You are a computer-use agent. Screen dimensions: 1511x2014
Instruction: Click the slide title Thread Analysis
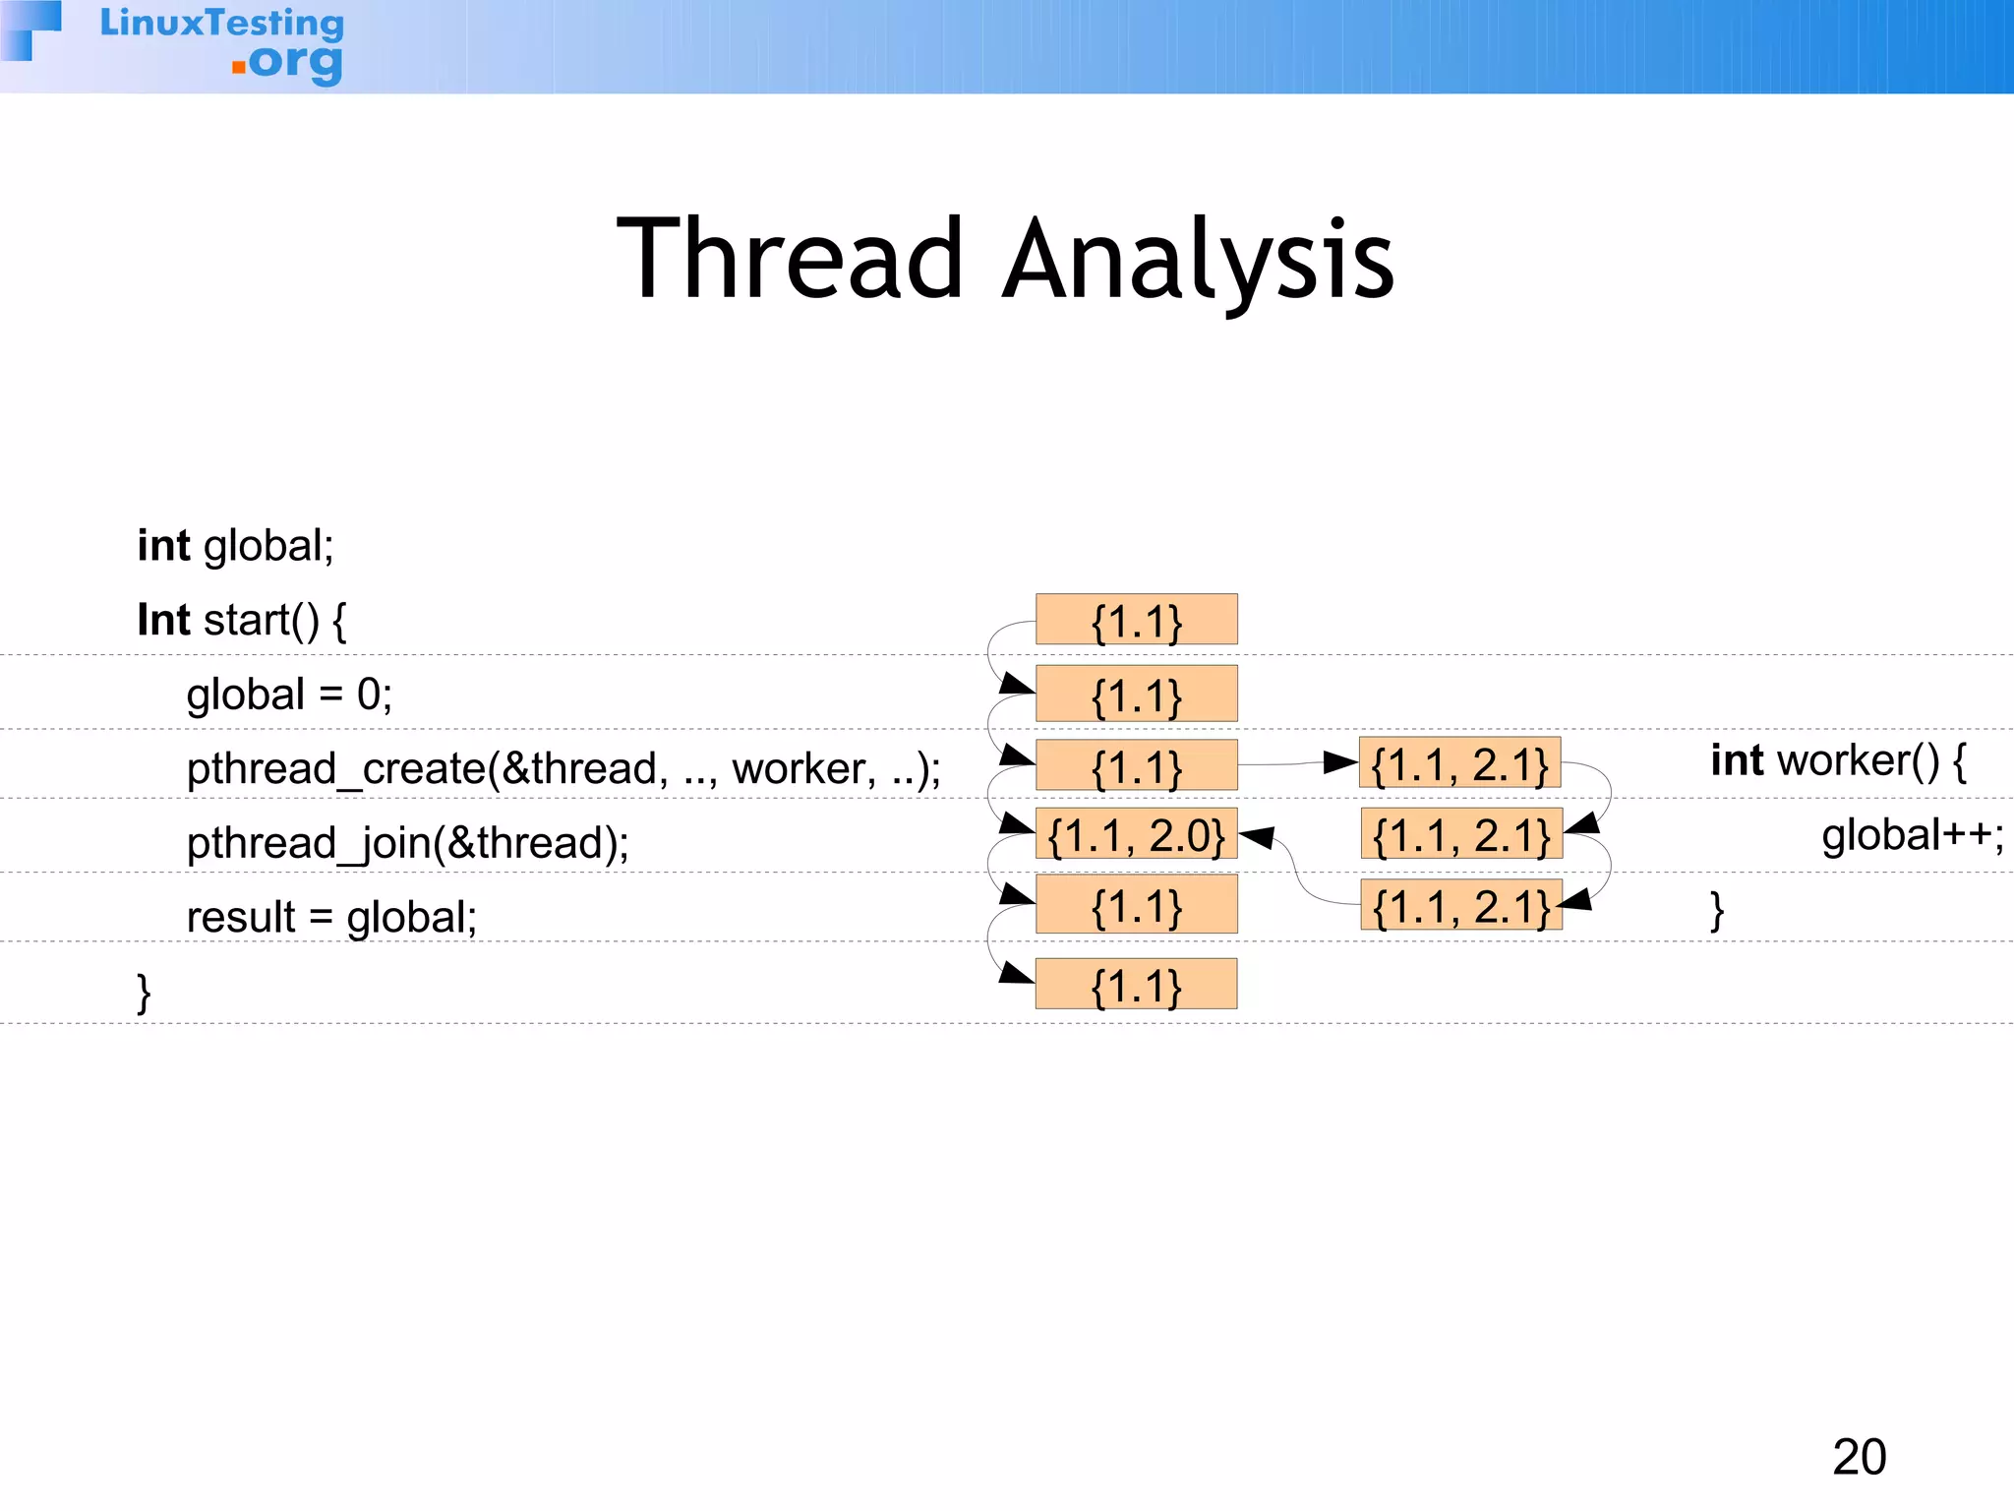(1005, 259)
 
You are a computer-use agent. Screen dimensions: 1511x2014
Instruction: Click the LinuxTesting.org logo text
(222, 43)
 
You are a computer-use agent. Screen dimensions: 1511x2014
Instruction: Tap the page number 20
(1859, 1457)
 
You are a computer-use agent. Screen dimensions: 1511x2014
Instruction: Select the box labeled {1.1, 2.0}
(1136, 835)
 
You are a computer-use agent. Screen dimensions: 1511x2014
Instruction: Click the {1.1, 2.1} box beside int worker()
(1459, 763)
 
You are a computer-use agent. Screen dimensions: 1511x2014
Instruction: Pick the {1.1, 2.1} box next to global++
(1461, 835)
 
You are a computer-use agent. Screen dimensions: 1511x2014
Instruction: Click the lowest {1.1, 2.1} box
(1461, 906)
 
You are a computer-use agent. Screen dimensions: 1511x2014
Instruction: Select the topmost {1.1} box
(1136, 620)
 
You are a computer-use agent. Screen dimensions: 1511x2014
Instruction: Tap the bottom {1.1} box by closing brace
(1136, 985)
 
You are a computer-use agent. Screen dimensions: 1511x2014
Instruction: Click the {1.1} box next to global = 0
(1136, 695)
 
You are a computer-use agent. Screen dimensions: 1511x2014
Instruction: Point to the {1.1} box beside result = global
(1136, 906)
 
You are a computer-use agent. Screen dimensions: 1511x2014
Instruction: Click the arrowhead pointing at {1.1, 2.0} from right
(1257, 838)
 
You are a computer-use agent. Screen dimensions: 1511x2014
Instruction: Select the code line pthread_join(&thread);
(407, 843)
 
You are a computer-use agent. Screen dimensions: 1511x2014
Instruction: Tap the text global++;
(1912, 835)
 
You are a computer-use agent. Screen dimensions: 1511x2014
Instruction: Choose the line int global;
(235, 546)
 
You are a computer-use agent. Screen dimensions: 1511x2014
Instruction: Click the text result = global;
(331, 917)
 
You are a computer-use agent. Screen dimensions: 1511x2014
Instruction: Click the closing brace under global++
(1717, 910)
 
